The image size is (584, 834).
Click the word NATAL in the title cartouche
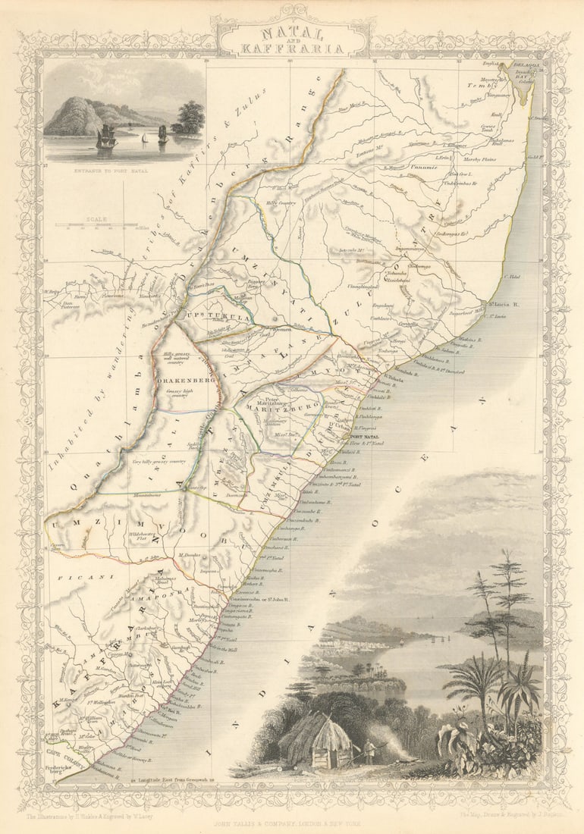pos(292,34)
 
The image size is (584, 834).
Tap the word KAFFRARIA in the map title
pos(292,48)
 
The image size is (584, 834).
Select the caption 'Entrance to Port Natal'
pos(122,172)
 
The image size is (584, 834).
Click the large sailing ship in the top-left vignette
pos(106,137)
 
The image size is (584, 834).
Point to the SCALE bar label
pos(97,218)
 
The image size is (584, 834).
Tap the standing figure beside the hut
pos(370,751)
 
